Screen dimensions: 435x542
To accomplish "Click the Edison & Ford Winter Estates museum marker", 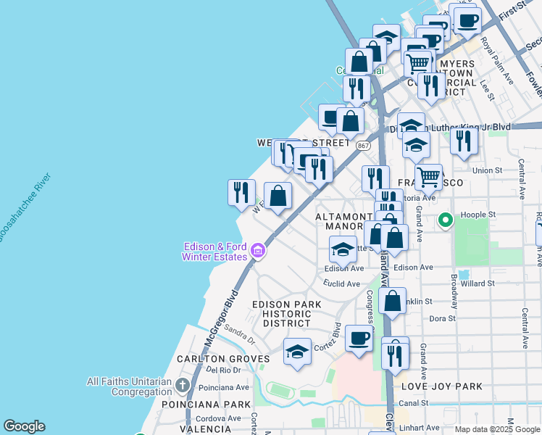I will (257, 252).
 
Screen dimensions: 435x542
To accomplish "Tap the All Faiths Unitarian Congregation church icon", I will (182, 384).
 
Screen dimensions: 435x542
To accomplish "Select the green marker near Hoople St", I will (445, 219).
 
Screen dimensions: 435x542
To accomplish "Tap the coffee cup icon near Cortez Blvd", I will (359, 338).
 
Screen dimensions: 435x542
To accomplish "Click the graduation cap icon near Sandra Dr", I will (297, 352).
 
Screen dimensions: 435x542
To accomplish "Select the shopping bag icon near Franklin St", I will (392, 301).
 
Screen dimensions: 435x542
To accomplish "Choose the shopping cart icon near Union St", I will (429, 175).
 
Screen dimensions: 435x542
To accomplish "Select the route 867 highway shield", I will (363, 145).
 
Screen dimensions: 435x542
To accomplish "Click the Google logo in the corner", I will (24, 426).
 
